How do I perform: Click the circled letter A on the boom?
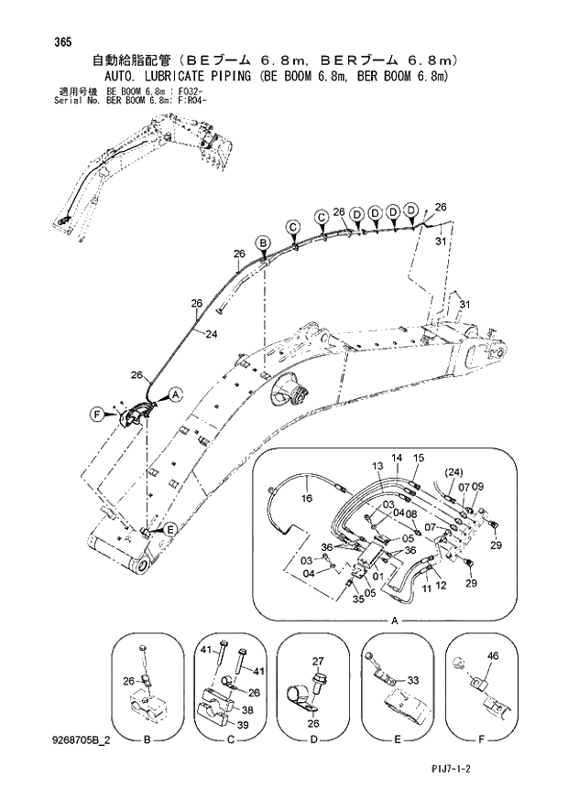[x=175, y=394]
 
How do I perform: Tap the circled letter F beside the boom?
[x=97, y=414]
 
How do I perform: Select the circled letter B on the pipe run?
[x=263, y=243]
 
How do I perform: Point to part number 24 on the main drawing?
[x=212, y=334]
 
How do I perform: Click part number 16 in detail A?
[x=307, y=499]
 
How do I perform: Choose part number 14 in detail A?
[x=397, y=458]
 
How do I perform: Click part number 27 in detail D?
[x=319, y=660]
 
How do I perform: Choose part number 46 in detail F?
[x=492, y=656]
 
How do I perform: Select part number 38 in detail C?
[x=247, y=708]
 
